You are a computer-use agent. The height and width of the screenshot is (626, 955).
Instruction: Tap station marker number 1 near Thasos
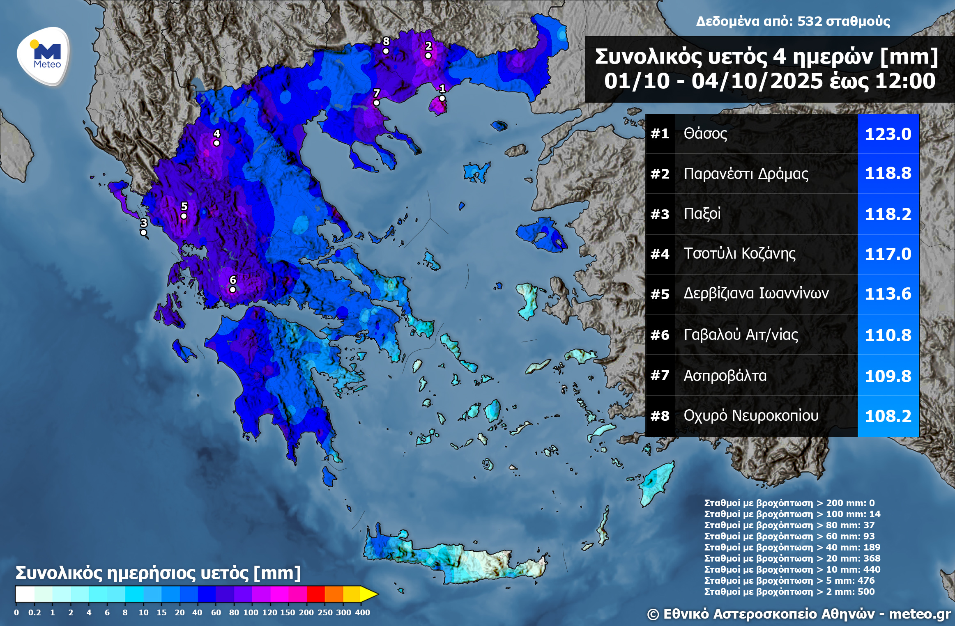pyautogui.click(x=442, y=98)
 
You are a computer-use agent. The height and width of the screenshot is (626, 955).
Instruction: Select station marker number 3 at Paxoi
pyautogui.click(x=143, y=232)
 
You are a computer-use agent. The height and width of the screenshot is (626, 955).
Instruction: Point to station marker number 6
pyautogui.click(x=232, y=289)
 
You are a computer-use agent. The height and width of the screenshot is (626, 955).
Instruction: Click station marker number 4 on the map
pyautogui.click(x=216, y=143)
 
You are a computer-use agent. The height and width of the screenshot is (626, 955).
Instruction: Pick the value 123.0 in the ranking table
pyautogui.click(x=888, y=134)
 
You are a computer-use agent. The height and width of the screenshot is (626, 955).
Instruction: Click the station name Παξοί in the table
pyautogui.click(x=702, y=213)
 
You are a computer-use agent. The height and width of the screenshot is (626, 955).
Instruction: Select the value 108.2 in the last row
pyautogui.click(x=888, y=416)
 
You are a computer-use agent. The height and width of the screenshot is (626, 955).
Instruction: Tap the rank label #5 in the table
pyautogui.click(x=660, y=294)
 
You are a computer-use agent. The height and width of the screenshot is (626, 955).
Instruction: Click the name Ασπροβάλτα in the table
pyautogui.click(x=725, y=376)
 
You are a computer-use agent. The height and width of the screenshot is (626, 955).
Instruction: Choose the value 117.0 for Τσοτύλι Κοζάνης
pyautogui.click(x=888, y=254)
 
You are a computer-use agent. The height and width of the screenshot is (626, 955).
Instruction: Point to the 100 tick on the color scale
pyautogui.click(x=251, y=612)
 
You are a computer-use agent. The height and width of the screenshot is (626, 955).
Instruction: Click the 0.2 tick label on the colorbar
pyautogui.click(x=35, y=612)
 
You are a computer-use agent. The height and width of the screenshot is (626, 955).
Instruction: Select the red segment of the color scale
pyautogui.click(x=315, y=594)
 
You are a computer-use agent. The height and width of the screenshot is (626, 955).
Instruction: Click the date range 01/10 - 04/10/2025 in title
pyautogui.click(x=714, y=81)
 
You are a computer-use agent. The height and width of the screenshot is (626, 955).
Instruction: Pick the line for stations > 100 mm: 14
pyautogui.click(x=792, y=514)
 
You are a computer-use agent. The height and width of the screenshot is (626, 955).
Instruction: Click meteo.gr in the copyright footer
pyautogui.click(x=920, y=614)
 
